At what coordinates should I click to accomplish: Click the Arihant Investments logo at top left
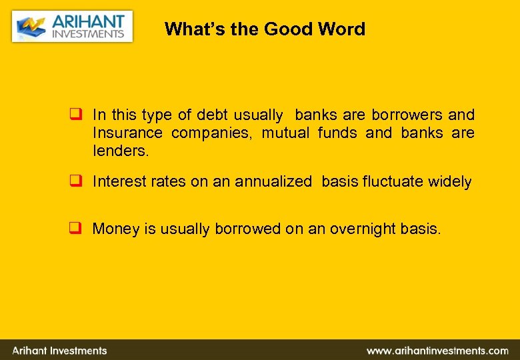[x=72, y=26]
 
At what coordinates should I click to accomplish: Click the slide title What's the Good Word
[x=265, y=29]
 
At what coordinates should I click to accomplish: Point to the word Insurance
[x=127, y=133]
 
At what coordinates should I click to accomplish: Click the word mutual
[x=285, y=133]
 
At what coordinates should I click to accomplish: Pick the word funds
[x=339, y=133]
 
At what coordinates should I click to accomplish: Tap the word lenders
[x=121, y=151]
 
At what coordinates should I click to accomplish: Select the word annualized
[x=273, y=181]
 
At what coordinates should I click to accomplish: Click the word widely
[x=450, y=181]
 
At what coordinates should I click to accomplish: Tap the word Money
[x=115, y=229]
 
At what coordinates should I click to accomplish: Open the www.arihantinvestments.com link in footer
[x=437, y=351]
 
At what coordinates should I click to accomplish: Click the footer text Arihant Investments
[x=59, y=351]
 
